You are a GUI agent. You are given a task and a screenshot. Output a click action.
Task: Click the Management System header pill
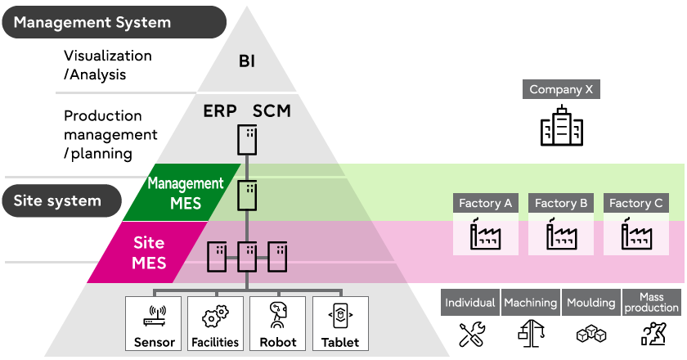point(114,22)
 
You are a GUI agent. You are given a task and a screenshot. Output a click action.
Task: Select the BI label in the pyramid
point(247,61)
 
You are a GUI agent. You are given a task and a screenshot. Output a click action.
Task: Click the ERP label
point(220,110)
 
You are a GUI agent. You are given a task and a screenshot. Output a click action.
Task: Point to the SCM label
point(272,110)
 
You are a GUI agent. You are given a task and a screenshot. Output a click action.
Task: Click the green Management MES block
point(185,193)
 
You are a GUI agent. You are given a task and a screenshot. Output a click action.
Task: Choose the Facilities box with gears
point(215,323)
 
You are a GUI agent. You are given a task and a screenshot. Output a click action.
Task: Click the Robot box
point(278,323)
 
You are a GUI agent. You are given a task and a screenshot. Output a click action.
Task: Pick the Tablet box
point(340,323)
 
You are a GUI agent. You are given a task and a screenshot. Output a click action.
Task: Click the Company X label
point(561,90)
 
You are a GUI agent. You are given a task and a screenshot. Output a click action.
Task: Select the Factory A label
point(485,204)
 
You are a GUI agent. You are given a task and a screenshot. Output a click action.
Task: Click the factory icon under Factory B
point(561,236)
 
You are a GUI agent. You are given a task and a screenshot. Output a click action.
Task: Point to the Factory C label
point(636,204)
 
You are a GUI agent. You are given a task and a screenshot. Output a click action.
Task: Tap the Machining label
point(531,303)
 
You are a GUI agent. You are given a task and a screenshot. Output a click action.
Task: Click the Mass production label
point(652,303)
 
